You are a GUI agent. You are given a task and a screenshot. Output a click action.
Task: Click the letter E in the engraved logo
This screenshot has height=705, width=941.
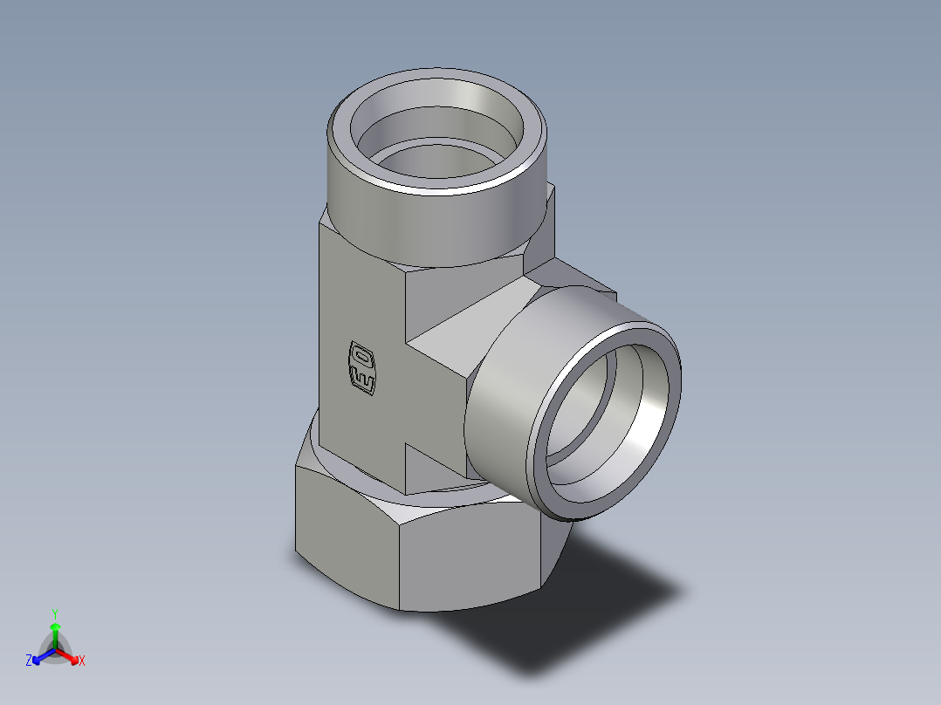pyautogui.click(x=362, y=379)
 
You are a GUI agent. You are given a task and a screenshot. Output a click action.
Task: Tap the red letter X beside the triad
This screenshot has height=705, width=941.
pyautogui.click(x=81, y=661)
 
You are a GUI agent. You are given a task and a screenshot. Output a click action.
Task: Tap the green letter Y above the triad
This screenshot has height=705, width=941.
pyautogui.click(x=55, y=613)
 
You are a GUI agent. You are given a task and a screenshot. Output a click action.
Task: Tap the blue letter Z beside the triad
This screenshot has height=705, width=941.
pyautogui.click(x=29, y=661)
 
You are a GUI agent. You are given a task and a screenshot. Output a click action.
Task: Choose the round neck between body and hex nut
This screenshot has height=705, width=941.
pyautogui.click(x=393, y=484)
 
